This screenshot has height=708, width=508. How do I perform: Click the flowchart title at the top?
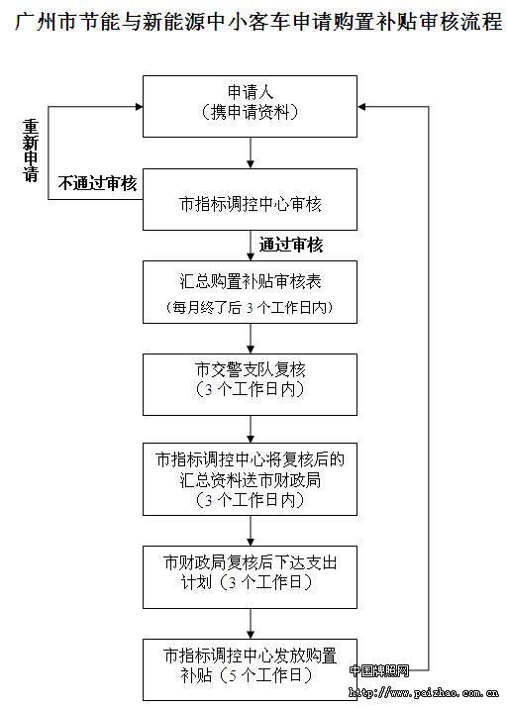(258, 21)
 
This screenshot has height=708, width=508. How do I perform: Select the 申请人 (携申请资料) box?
(250, 107)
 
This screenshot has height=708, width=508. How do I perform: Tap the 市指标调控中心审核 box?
(250, 200)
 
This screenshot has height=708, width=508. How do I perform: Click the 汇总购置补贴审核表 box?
(250, 292)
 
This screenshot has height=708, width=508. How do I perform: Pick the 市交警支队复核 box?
(250, 385)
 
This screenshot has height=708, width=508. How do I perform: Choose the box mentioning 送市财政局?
(250, 479)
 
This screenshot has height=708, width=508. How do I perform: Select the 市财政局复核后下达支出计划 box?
(250, 577)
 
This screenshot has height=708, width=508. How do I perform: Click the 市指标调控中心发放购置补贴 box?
(250, 669)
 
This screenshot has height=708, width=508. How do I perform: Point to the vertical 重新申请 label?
(31, 151)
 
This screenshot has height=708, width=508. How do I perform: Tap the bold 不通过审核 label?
(97, 184)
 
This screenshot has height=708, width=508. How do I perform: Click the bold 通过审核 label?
(291, 245)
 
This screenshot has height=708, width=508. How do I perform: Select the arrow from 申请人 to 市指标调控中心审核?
(251, 153)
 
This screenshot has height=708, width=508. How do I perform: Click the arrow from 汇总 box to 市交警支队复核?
(251, 339)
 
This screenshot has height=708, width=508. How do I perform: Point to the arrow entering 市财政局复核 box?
(251, 531)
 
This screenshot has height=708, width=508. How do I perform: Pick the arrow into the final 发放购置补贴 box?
(251, 624)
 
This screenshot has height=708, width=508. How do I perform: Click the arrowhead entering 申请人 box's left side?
(139, 107)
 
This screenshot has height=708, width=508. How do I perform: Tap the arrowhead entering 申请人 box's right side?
(361, 107)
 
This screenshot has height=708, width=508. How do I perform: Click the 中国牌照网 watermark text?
(379, 671)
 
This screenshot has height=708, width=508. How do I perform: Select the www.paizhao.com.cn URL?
(424, 692)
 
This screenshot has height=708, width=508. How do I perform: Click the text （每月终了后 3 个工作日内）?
(250, 308)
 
